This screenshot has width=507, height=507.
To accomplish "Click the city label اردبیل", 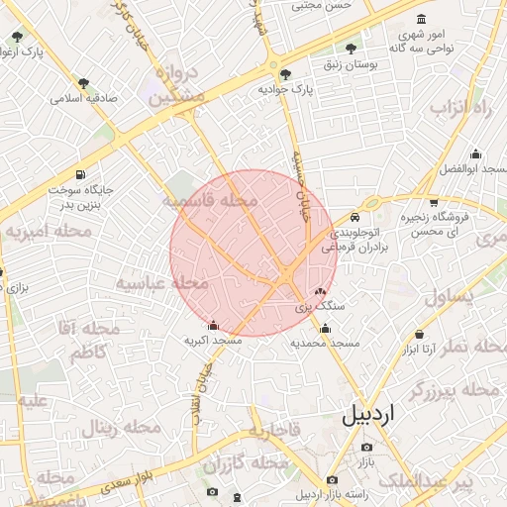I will pos(381,416).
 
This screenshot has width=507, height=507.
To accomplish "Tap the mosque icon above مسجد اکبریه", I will pos(213,325).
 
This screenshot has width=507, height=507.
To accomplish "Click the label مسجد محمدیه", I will pos(324,343).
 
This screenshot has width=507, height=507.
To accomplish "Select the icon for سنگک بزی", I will pos(319,292).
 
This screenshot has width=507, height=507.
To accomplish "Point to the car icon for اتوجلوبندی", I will pos(355,217).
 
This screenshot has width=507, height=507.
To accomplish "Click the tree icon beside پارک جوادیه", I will pos(286,75).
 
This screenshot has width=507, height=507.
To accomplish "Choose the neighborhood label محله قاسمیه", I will pos(210,201).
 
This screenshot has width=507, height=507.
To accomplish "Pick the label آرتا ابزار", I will pos(420,350).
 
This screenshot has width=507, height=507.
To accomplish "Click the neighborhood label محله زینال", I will pos(121,428).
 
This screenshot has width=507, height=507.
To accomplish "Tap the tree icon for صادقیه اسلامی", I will pos(82,83).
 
